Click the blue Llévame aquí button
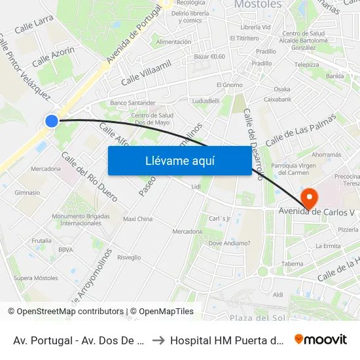(x=179, y=160)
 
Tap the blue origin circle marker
(x=52, y=120)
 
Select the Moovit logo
(x=321, y=340)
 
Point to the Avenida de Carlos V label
(x=319, y=211)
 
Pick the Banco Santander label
(x=133, y=103)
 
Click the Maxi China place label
(x=137, y=219)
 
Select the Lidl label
(x=196, y=187)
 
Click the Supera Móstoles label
(x=36, y=278)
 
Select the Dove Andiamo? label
(x=229, y=243)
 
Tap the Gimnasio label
(x=27, y=192)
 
